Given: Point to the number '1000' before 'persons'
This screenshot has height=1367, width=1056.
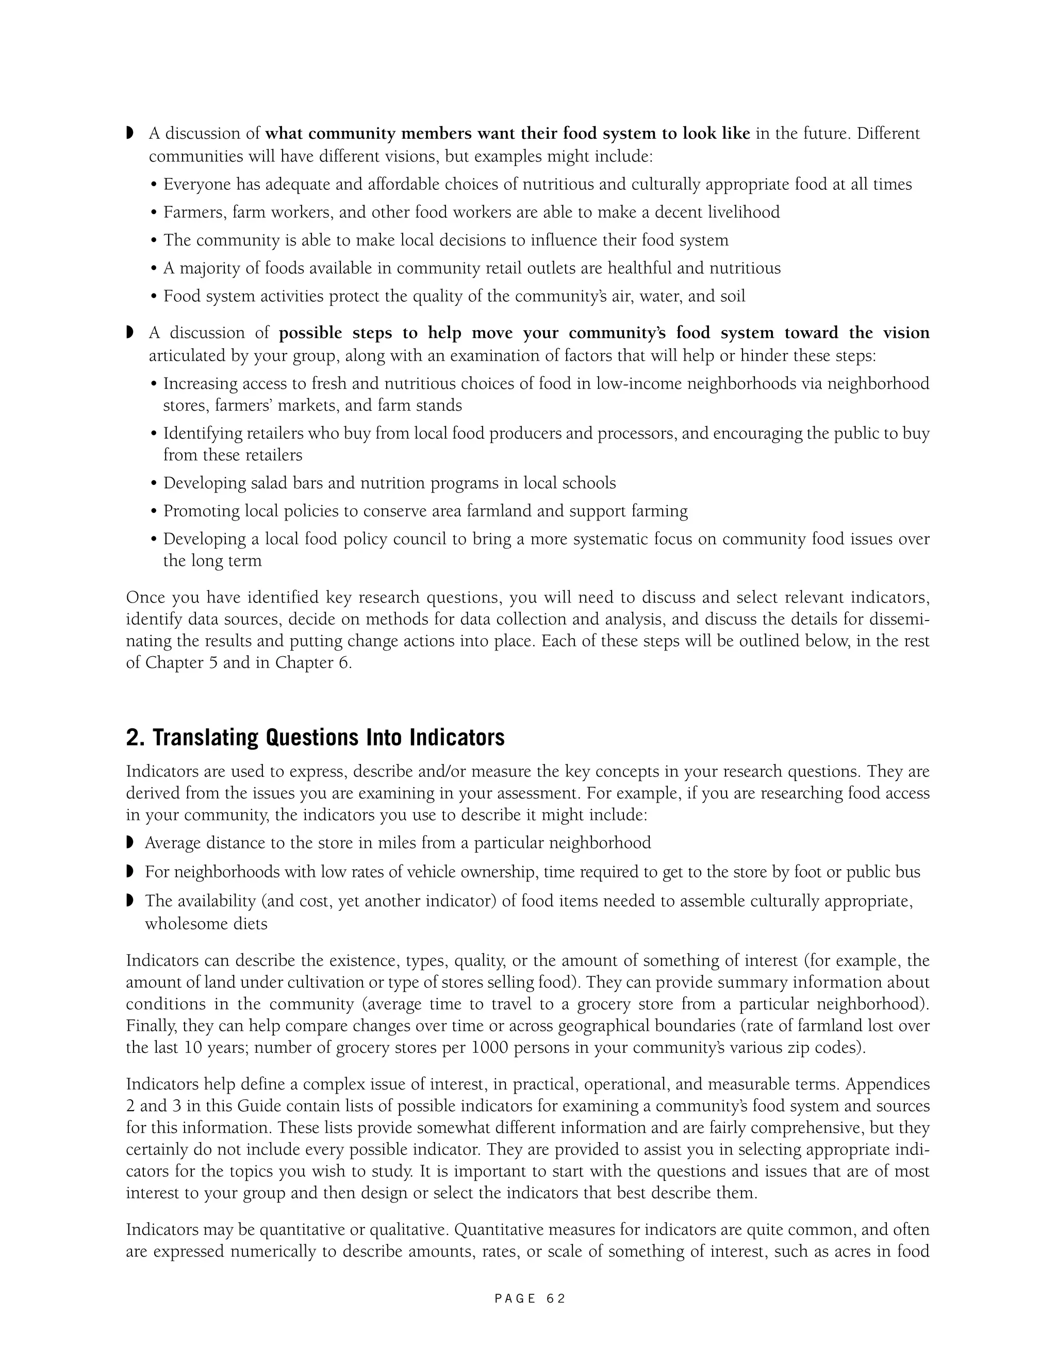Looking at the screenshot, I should tap(490, 1047).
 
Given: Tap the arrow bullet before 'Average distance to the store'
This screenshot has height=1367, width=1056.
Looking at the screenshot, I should tap(130, 842).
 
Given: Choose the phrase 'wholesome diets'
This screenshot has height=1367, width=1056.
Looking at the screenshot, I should tap(206, 923).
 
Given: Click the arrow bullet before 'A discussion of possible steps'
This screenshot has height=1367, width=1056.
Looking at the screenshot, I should tap(130, 332).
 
